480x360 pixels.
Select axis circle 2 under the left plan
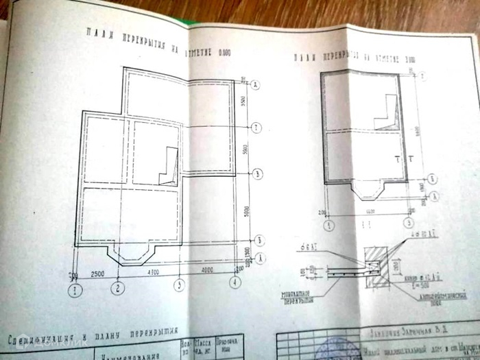119,287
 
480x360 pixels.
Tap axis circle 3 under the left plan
179,285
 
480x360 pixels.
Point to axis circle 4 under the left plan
236,281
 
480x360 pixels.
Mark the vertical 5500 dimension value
245,149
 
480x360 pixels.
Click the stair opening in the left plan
169,166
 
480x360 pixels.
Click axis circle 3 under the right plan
409,222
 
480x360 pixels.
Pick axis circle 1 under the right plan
330,224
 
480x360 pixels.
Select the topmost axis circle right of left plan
255,84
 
